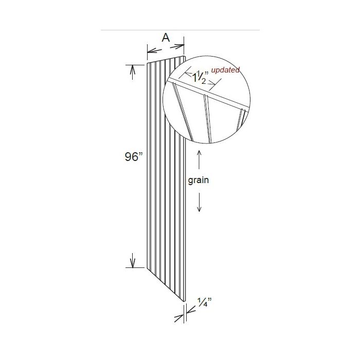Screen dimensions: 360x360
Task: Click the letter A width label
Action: point(166,38)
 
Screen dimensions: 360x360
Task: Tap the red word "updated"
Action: point(226,70)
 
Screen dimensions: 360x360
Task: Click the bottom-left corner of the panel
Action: point(148,268)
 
